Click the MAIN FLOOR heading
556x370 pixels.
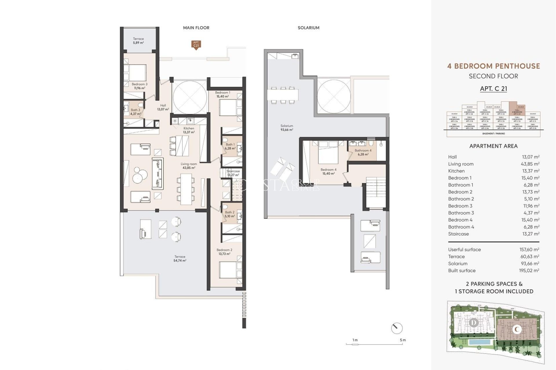coord(196,28)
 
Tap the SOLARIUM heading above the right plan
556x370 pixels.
coord(308,28)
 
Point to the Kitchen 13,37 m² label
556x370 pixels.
coord(189,130)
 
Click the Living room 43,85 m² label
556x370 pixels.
coord(189,166)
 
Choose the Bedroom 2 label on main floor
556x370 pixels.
coord(224,252)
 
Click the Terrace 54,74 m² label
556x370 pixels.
coord(180,258)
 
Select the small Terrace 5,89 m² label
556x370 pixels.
coord(138,40)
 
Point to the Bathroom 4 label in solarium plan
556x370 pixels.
coord(363,152)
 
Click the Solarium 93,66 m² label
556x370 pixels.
coord(287,128)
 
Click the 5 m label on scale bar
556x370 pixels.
coord(403,340)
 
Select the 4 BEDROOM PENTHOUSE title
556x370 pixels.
coord(493,66)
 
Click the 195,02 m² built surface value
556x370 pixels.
coord(529,271)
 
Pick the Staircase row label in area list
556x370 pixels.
coord(458,234)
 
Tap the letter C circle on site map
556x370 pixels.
coord(516,329)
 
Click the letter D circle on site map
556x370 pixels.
coord(474,322)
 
